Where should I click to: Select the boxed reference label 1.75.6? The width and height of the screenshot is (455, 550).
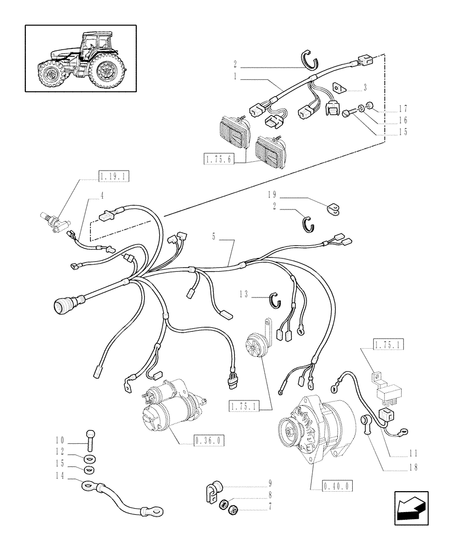[x=219, y=159]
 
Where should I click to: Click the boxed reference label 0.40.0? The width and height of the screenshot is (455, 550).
[x=336, y=485]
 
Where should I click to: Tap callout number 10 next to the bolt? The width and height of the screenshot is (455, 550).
[x=60, y=440]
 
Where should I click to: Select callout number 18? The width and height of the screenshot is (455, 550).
[x=413, y=468]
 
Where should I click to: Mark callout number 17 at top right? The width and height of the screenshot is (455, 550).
[x=404, y=108]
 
